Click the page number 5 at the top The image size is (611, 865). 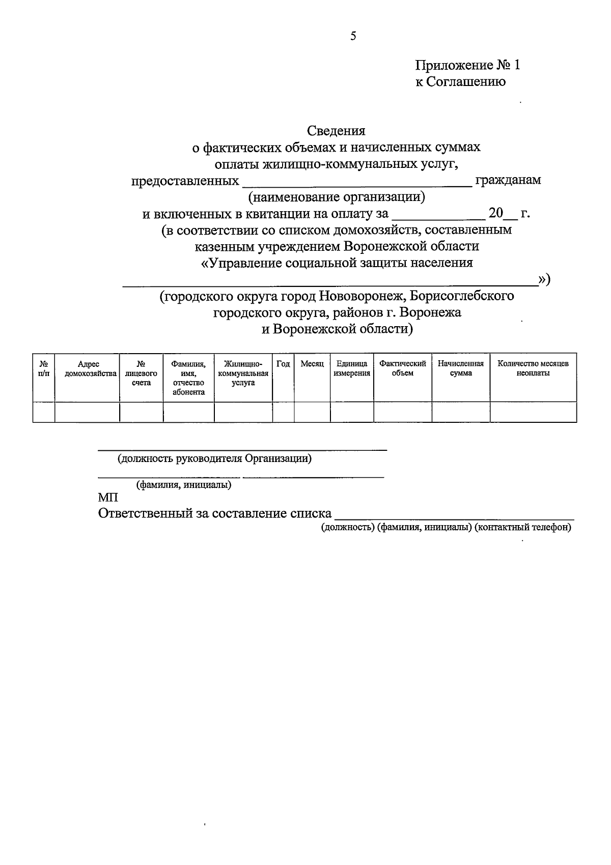[x=353, y=36]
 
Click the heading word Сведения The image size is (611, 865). [x=336, y=131]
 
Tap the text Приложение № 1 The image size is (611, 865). [x=468, y=65]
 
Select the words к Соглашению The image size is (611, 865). [x=460, y=81]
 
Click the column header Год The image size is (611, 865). [x=283, y=364]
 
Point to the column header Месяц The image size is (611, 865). [x=312, y=364]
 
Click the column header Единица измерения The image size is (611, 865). [x=352, y=368]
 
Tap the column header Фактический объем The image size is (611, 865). [x=403, y=368]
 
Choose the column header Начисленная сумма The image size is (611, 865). [x=461, y=368]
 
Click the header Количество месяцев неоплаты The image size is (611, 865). [x=533, y=368]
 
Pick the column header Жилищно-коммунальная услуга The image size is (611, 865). [x=243, y=373]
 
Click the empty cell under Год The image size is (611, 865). [x=283, y=412]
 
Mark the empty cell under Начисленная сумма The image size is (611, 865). [x=461, y=412]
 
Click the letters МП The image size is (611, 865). [x=108, y=498]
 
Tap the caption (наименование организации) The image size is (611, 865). [x=336, y=196]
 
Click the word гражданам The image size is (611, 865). [x=508, y=180]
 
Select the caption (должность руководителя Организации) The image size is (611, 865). [x=215, y=458]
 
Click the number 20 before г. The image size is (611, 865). [x=495, y=213]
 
